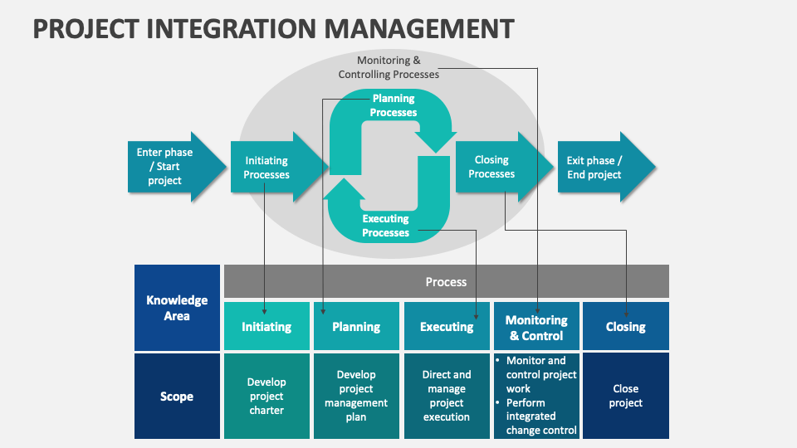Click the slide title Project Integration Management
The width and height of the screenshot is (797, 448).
[273, 28]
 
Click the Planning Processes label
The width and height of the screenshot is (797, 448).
[394, 105]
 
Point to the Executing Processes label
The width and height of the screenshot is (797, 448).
[386, 226]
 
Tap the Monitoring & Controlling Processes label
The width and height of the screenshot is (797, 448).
[389, 67]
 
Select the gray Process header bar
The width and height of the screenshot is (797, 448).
[446, 282]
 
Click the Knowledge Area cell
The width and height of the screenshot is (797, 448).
[177, 308]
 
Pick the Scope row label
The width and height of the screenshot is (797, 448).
[177, 397]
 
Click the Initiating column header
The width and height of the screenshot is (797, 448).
[266, 327]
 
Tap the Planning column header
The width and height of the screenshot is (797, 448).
[356, 327]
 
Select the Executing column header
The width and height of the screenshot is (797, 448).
[446, 327]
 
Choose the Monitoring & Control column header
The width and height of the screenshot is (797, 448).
[536, 328]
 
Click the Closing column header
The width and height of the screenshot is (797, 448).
[626, 327]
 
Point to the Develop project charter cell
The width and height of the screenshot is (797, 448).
[266, 397]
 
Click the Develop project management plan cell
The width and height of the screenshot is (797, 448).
[356, 397]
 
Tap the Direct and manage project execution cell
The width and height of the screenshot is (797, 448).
[446, 397]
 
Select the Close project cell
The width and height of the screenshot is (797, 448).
[626, 397]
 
